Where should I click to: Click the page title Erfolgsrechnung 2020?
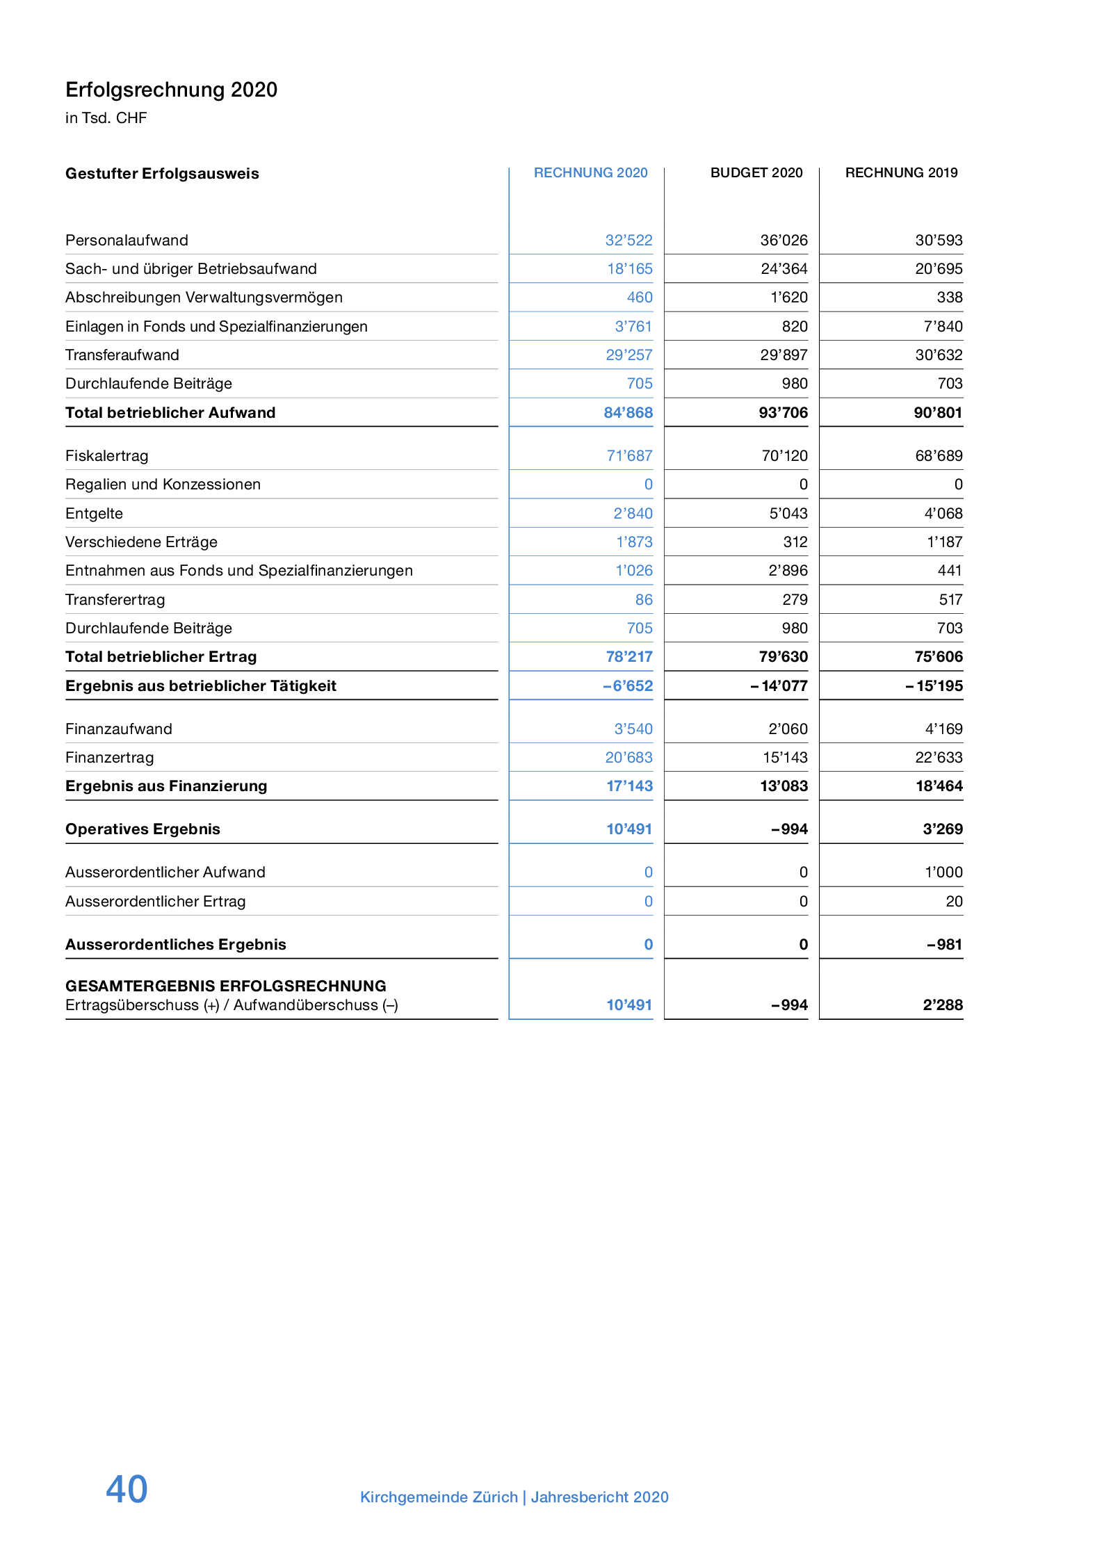[x=171, y=90]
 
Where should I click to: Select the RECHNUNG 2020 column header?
[x=590, y=172]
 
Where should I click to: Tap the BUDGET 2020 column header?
[x=756, y=172]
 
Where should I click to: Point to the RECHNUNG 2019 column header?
[x=901, y=172]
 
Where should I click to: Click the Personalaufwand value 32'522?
[x=628, y=241]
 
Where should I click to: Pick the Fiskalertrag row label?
[x=107, y=456]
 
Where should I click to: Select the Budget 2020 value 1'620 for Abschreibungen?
[x=788, y=298]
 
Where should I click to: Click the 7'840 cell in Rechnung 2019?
[x=943, y=327]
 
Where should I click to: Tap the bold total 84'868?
[x=628, y=413]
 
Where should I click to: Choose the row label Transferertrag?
[x=115, y=600]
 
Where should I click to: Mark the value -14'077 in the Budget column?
[x=779, y=686]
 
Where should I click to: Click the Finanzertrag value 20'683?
[x=628, y=758]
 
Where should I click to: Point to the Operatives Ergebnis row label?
[x=143, y=829]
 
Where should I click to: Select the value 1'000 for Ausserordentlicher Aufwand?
[x=943, y=872]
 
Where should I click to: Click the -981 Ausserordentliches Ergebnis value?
[x=944, y=945]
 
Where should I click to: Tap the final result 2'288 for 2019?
[x=942, y=1005]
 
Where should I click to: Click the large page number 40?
[x=127, y=1489]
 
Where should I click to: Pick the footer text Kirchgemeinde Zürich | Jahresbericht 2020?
[x=514, y=1497]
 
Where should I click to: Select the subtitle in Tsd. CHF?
[x=106, y=118]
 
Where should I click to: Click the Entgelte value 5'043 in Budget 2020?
[x=788, y=514]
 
